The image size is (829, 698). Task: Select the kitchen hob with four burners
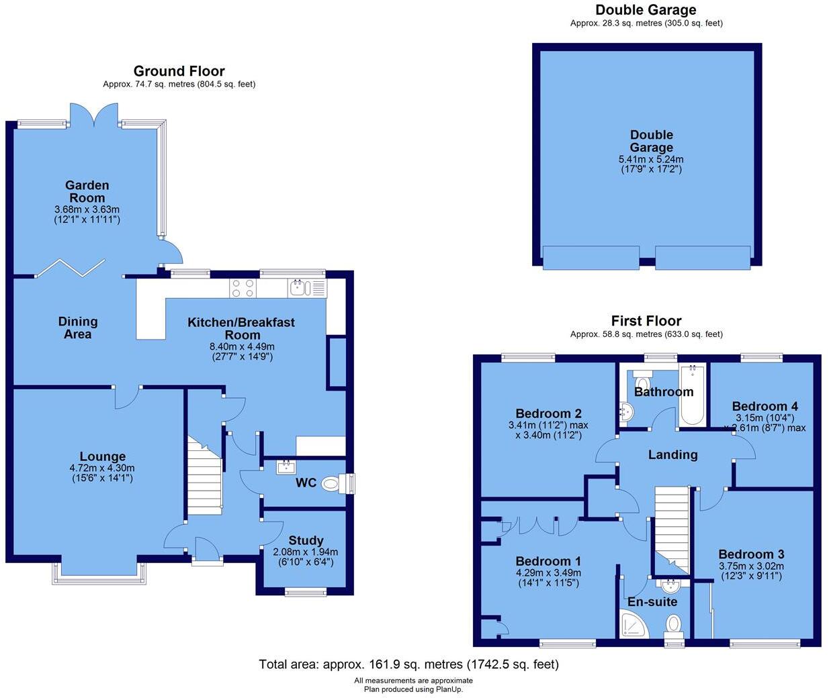pos(243,288)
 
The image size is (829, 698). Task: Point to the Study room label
pos(306,540)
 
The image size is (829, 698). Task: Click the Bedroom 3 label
pos(751,554)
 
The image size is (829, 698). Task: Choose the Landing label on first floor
pos(672,455)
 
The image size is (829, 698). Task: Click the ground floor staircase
pos(204,477)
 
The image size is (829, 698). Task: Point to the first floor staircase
pos(672,527)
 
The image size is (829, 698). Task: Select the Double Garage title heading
pos(646,9)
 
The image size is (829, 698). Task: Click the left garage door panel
pos(591,258)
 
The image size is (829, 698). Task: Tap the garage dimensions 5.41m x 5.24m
pos(650,160)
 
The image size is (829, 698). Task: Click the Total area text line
pos(408,664)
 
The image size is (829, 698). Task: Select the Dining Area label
pos(77,328)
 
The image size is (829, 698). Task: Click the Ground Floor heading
pos(179,71)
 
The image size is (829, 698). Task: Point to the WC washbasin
pos(286,466)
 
